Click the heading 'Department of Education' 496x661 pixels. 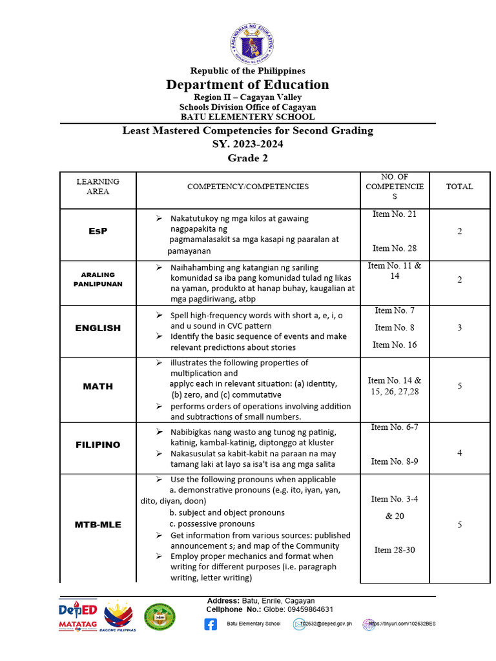[x=247, y=85]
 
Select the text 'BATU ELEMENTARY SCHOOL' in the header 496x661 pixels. [x=247, y=117]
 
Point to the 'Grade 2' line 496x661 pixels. [x=247, y=158]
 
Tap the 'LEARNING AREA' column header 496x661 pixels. [x=98, y=187]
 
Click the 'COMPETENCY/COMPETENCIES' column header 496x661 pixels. [x=248, y=187]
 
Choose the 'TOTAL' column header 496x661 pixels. [x=459, y=187]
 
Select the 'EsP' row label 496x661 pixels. [x=98, y=231]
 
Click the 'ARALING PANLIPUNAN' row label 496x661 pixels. [x=98, y=279]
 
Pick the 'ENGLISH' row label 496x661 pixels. [x=98, y=328]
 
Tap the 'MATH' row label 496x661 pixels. [x=98, y=386]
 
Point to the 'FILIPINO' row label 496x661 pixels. [x=98, y=445]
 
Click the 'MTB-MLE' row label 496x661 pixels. [x=98, y=525]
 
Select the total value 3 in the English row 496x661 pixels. [x=459, y=327]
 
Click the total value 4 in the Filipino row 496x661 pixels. [x=459, y=453]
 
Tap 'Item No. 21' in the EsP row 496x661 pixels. [x=394, y=214]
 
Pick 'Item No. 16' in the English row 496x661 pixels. [x=394, y=345]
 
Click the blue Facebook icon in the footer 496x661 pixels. [x=211, y=624]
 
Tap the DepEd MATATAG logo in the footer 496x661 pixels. [x=77, y=616]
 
